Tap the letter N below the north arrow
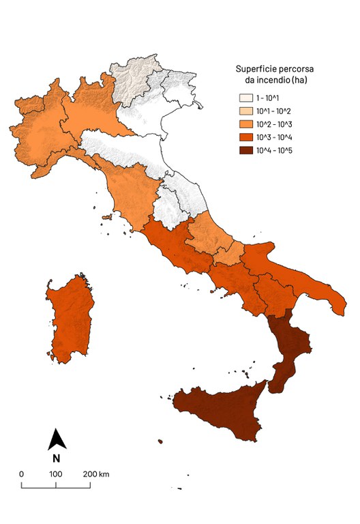[57, 458]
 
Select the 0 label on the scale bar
[22, 474]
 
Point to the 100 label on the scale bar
[56, 474]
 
